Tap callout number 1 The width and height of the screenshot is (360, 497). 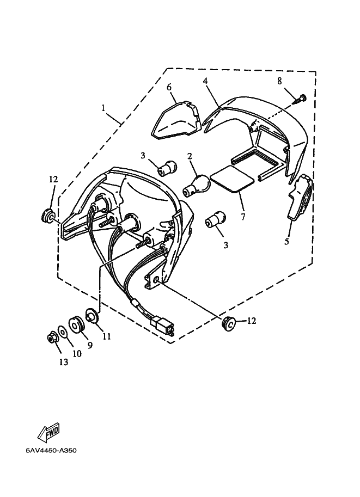[x=103, y=108]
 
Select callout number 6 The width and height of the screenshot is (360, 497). [x=169, y=87]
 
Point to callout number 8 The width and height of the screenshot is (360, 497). [x=279, y=81]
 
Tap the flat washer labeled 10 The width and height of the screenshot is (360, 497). [x=63, y=332]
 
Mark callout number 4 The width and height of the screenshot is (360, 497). [x=205, y=81]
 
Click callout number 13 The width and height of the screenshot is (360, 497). [x=64, y=362]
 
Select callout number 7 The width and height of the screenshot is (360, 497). [x=243, y=217]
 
